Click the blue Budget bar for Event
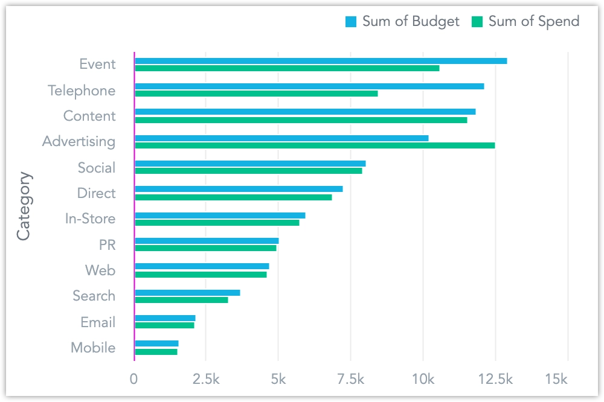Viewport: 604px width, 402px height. click(321, 61)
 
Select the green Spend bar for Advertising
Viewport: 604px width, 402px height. click(315, 145)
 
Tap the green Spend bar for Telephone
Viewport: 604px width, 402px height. click(256, 94)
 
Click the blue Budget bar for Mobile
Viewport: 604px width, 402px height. click(156, 343)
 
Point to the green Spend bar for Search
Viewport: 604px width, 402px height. click(181, 300)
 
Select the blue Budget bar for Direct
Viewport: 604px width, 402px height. click(239, 189)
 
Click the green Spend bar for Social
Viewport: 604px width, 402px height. click(248, 171)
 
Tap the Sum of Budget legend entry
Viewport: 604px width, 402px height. click(402, 22)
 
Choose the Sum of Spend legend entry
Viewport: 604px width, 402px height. click(525, 22)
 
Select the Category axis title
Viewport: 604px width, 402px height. click(24, 206)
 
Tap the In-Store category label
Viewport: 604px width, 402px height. click(90, 219)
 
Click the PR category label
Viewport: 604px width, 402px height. click(107, 245)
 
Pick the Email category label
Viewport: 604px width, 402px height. click(98, 322)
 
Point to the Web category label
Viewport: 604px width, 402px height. click(100, 270)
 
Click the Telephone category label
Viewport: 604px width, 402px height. click(82, 91)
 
